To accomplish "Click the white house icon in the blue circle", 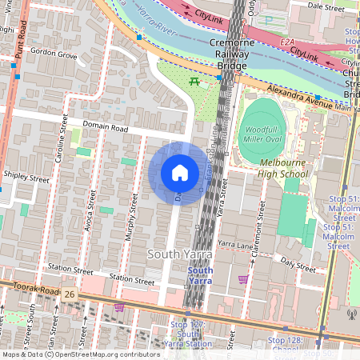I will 180,173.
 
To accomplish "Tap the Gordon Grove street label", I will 53,54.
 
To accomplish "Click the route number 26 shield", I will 70,295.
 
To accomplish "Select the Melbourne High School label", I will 283,168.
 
